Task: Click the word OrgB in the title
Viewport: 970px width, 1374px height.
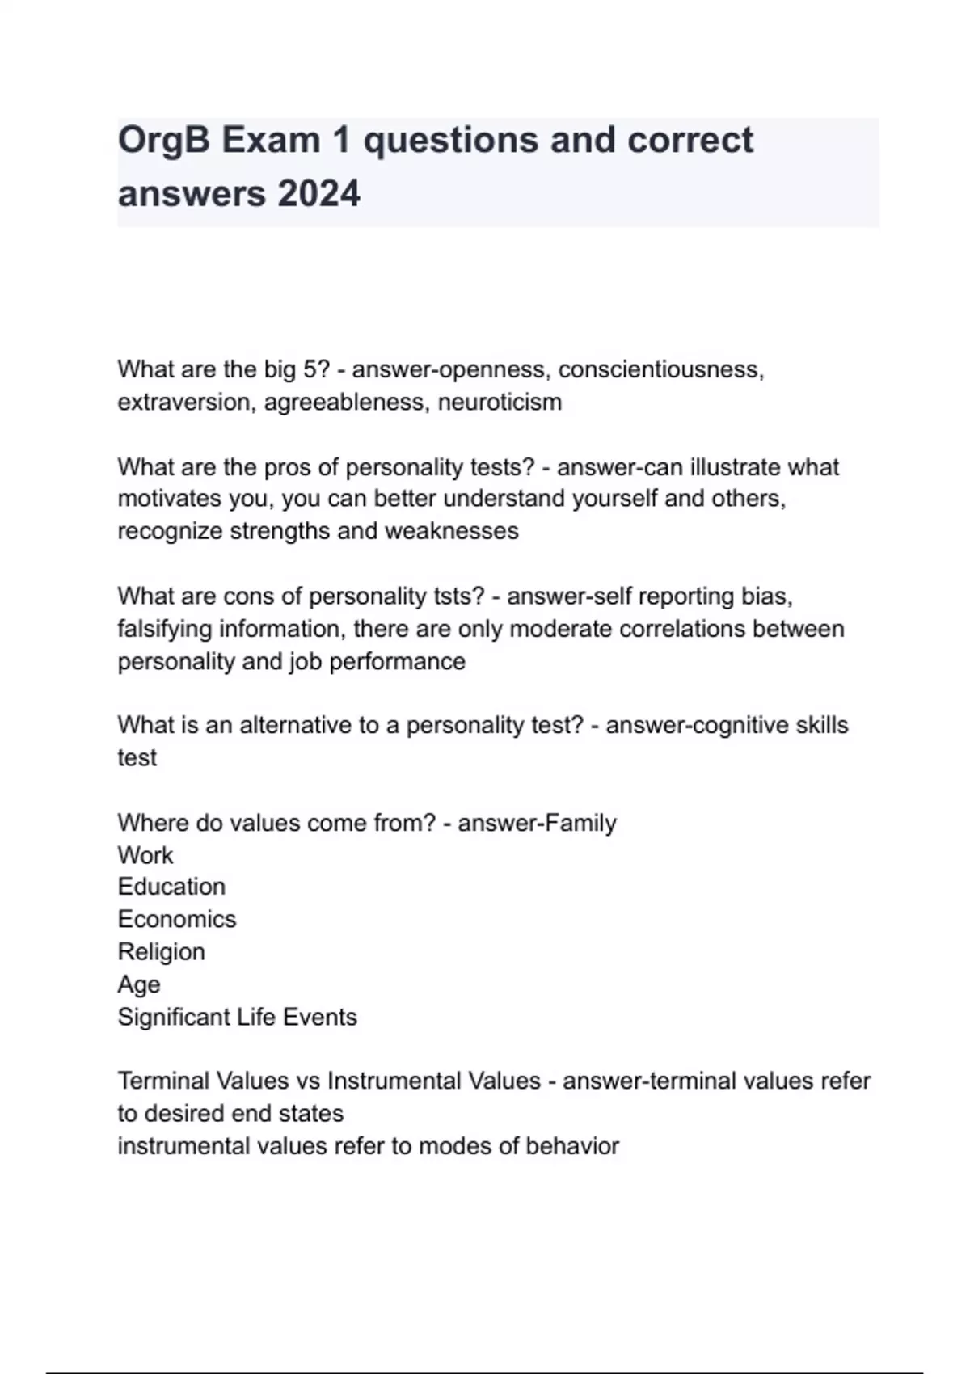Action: point(164,141)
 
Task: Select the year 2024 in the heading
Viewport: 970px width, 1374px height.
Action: point(318,194)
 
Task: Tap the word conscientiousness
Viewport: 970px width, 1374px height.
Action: point(660,369)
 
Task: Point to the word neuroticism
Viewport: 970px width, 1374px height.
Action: point(500,402)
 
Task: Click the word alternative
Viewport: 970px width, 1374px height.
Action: point(294,725)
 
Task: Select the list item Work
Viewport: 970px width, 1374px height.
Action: point(145,855)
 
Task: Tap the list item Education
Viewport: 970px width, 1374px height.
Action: point(171,887)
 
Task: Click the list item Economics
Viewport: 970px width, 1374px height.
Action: point(177,919)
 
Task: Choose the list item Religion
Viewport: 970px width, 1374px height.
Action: point(161,952)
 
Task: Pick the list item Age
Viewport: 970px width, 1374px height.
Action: point(139,984)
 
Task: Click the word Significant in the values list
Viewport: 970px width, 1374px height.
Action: point(171,1017)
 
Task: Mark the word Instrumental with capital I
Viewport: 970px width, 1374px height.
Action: point(391,1081)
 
